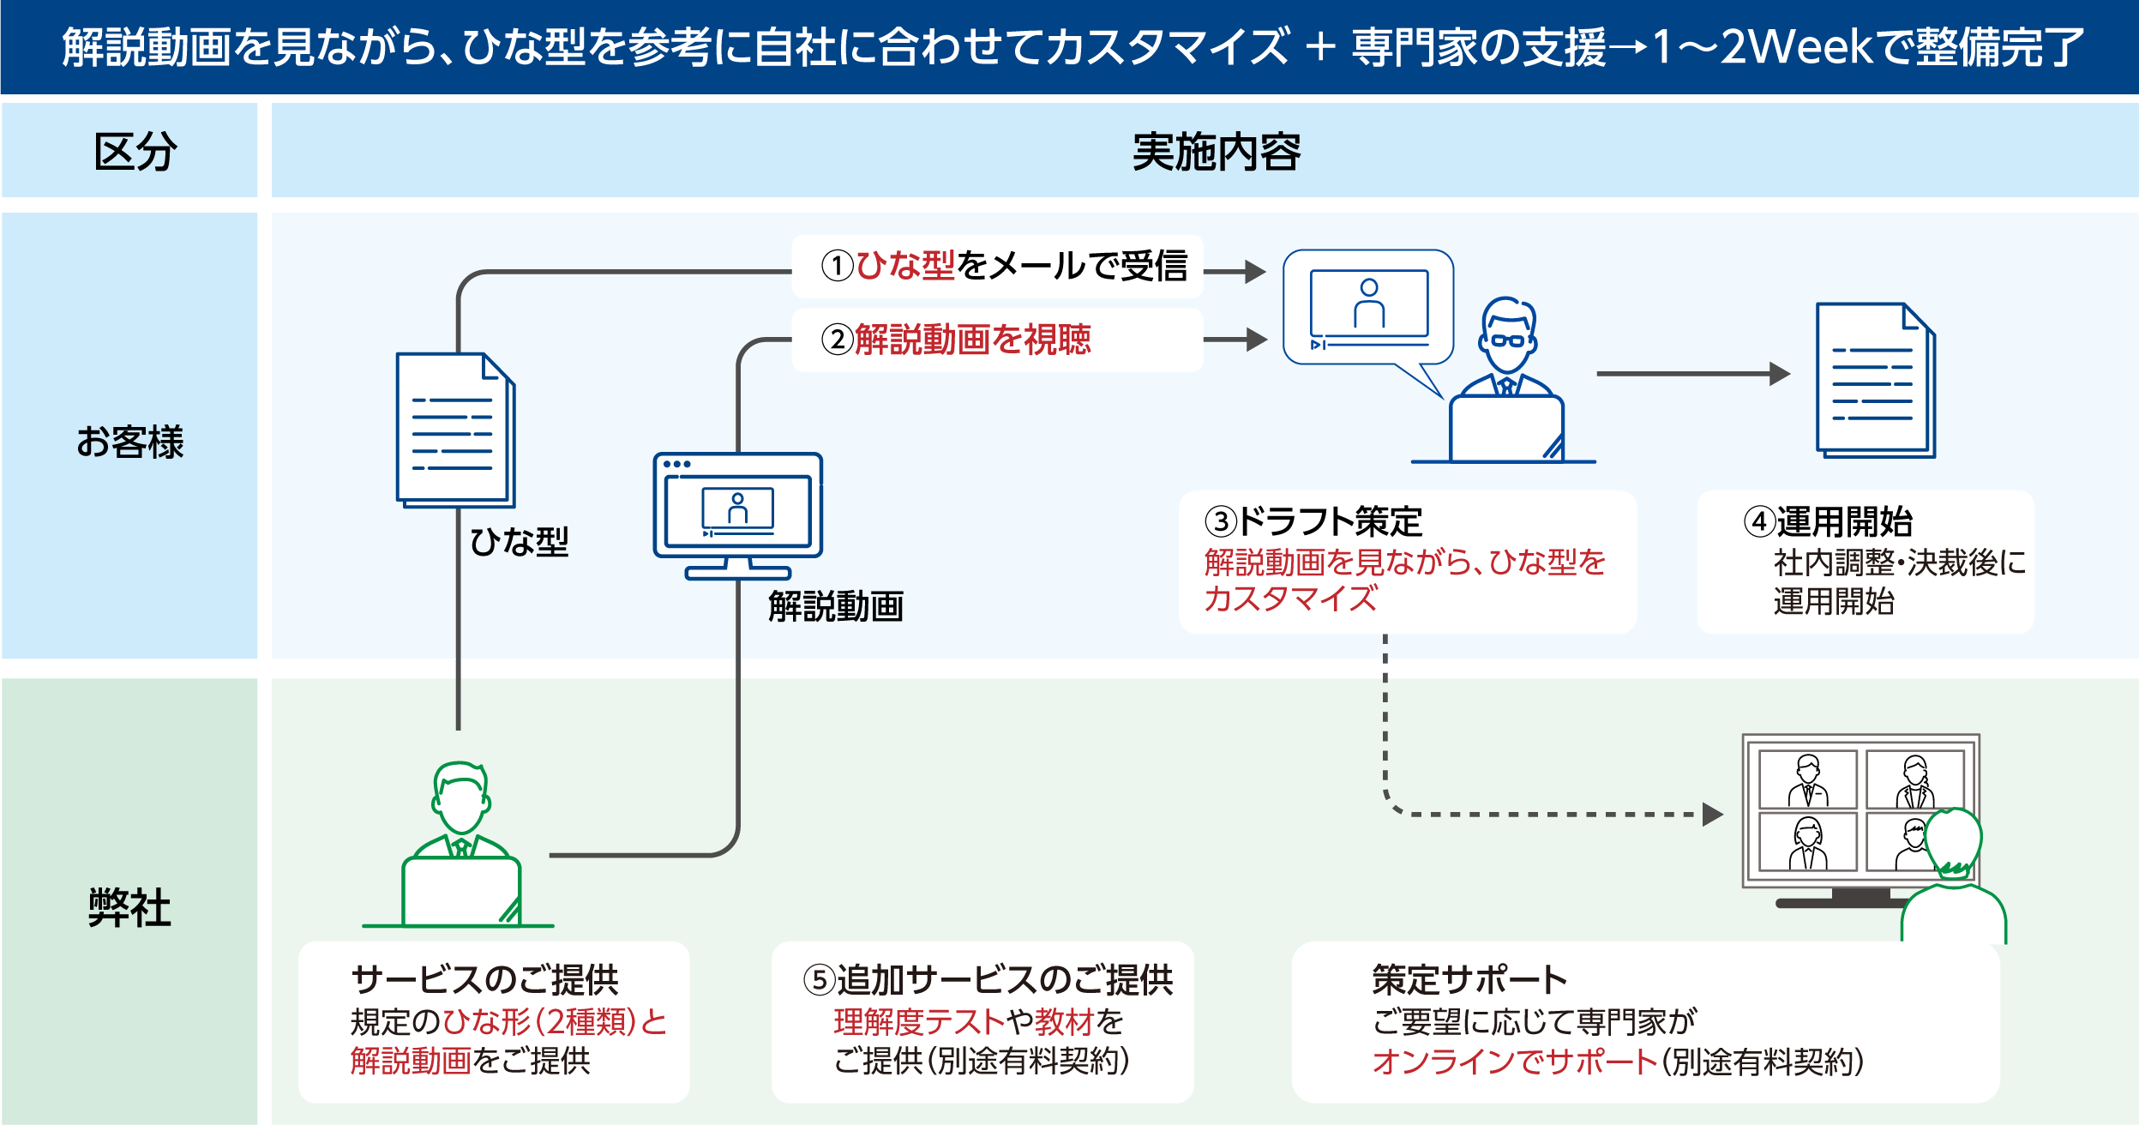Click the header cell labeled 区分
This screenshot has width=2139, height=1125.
(135, 152)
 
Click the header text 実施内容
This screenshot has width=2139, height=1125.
(1216, 152)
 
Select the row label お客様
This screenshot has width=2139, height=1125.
(129, 442)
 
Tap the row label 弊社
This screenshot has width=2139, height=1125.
(129, 907)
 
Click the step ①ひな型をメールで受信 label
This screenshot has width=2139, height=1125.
(1003, 266)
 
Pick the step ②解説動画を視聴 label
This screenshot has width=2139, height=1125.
(955, 340)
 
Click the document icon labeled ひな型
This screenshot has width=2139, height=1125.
(455, 430)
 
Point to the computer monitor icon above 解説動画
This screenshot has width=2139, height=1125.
(737, 514)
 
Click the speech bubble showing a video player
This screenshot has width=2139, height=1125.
(1368, 309)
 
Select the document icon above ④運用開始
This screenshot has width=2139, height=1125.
(1875, 380)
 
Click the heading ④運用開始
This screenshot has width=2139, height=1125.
(1828, 521)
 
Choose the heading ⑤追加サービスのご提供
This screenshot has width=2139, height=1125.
(988, 979)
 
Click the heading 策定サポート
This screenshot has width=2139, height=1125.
(1469, 979)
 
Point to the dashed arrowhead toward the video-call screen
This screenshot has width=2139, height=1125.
(1712, 814)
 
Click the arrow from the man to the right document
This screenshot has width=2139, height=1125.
(1692, 374)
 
